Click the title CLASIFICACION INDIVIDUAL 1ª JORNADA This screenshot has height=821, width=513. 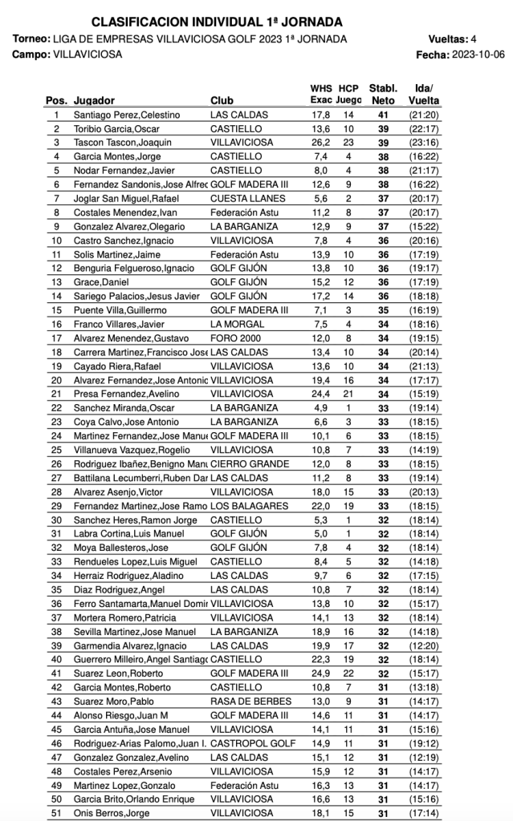(217, 22)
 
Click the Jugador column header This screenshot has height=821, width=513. (94, 101)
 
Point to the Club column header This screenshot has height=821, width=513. (222, 101)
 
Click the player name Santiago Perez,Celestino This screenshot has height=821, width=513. (127, 115)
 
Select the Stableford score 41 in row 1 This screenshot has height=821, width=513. (384, 115)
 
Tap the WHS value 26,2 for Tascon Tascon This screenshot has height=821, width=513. (320, 143)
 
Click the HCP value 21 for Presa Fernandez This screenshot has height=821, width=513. (348, 394)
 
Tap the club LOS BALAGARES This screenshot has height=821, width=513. (249, 506)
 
